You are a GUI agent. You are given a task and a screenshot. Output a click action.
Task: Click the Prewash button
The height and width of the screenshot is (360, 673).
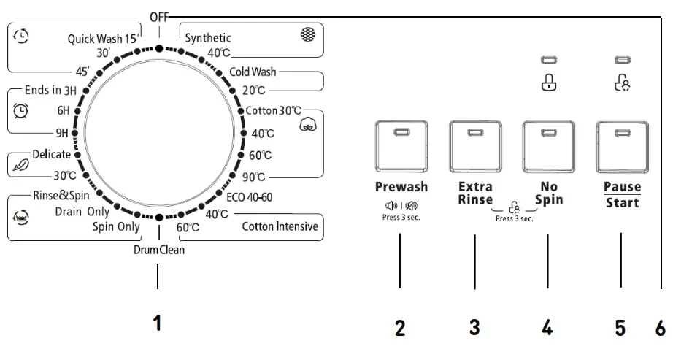(x=400, y=147)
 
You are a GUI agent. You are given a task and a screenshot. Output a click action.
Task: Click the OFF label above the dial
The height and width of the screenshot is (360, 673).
(x=158, y=16)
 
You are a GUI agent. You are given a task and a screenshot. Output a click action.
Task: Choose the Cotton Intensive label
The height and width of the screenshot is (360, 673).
(x=280, y=227)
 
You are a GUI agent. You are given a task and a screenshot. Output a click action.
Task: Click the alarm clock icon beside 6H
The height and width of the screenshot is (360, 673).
(x=22, y=110)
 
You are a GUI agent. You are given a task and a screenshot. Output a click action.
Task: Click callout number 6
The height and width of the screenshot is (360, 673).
(x=660, y=328)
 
